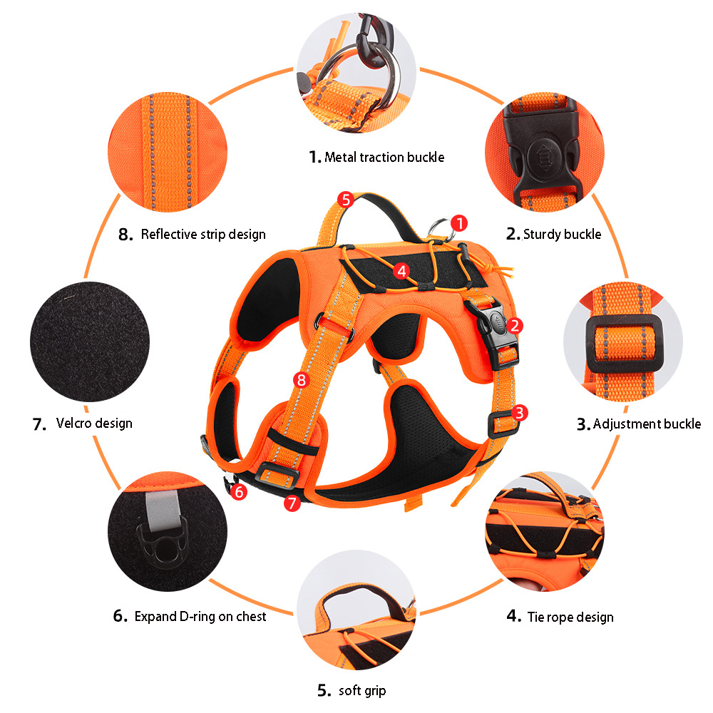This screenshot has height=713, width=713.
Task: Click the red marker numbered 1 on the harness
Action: pos(460,223)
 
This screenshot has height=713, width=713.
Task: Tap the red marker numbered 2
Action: pos(515,326)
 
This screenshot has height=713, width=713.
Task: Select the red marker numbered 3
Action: pos(520,412)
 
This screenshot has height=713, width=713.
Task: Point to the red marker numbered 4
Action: pos(401,271)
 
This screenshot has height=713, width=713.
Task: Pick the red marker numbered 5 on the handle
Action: pos(346,199)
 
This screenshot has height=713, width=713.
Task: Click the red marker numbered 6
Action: pos(239,491)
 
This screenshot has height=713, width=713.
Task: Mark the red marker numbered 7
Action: pos(291,503)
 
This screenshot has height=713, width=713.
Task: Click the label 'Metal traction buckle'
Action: pos(384,157)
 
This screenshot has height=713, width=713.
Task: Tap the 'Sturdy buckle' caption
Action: pos(562,234)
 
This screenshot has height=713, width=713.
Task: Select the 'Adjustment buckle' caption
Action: pos(646,424)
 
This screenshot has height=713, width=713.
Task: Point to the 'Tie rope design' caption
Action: pos(570,617)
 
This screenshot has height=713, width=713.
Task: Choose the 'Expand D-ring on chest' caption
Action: pos(200,616)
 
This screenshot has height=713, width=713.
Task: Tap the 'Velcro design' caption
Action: pos(93,424)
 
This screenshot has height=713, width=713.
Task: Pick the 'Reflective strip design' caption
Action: pos(202,234)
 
